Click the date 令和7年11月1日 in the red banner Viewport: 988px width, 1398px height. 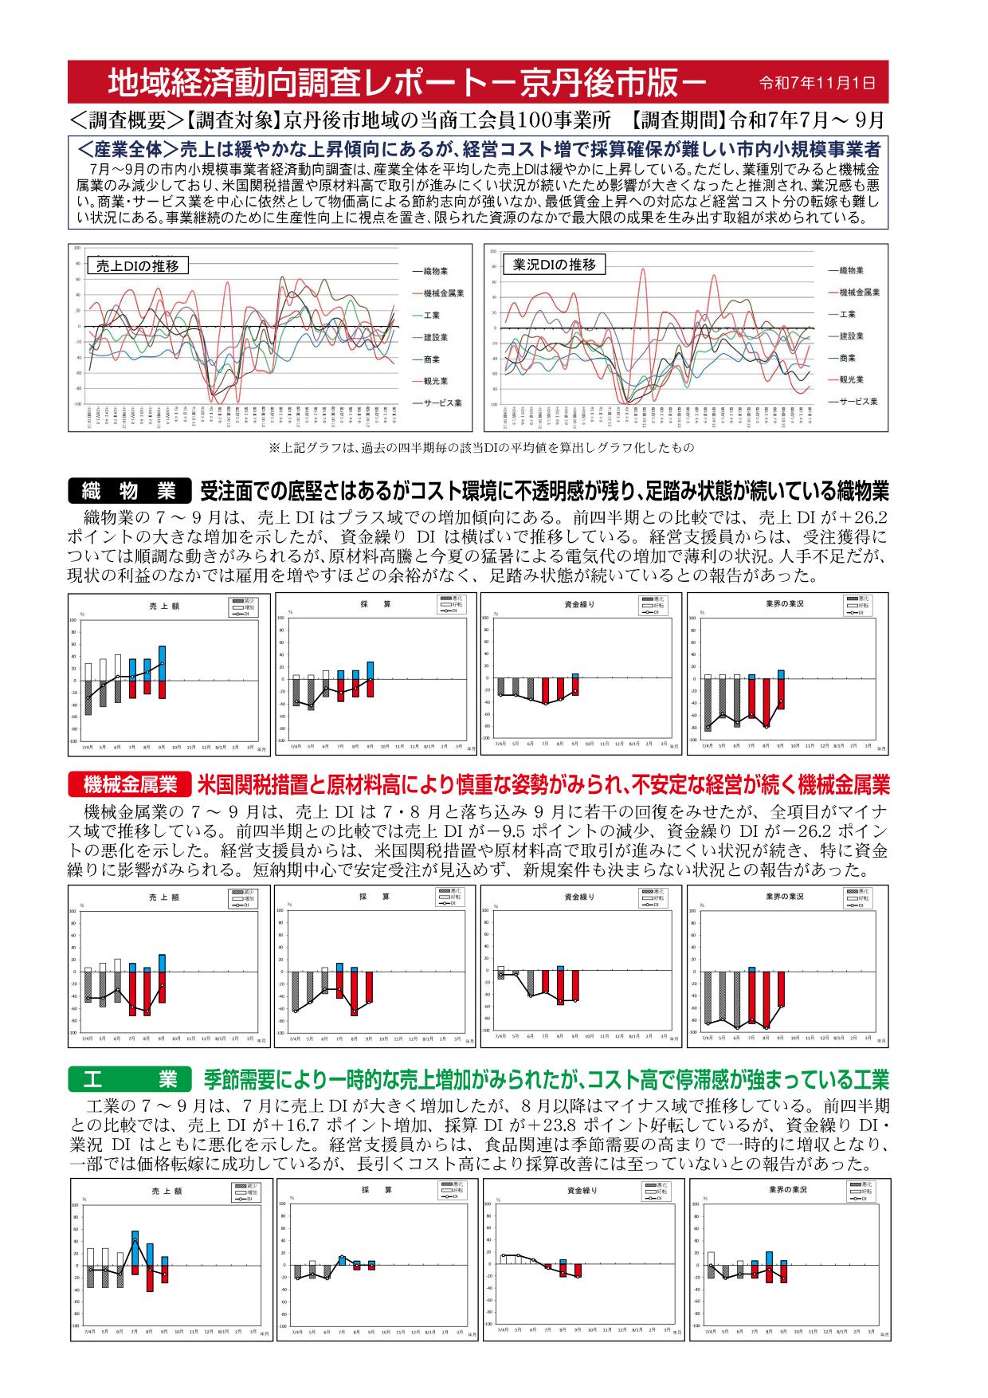[817, 82]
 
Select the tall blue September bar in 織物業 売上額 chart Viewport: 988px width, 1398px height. [163, 663]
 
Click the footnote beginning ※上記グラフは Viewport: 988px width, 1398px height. [482, 448]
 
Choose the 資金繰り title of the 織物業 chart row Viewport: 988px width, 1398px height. [579, 605]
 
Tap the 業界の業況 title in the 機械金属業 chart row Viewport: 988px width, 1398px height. [784, 897]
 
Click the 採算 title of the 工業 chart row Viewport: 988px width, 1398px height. [371, 1190]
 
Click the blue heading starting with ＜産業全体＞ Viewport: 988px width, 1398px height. [478, 149]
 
